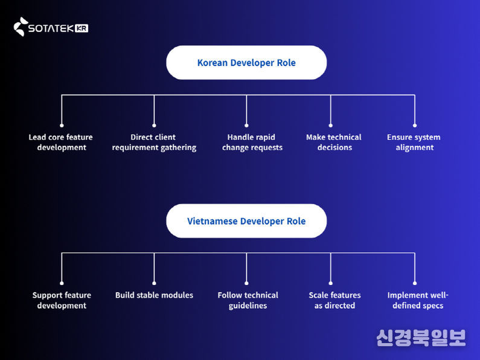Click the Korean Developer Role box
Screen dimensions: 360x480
246,63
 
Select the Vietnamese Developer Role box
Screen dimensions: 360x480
246,221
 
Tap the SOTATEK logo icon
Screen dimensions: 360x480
21,27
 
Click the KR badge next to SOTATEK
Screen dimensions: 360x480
82,28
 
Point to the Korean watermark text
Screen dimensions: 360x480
421,337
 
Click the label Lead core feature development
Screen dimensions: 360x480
61,143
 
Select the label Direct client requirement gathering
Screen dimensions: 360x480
154,143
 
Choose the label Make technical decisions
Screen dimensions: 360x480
334,143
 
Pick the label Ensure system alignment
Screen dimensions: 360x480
414,143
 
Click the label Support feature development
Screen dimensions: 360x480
62,300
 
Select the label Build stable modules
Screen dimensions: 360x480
154,295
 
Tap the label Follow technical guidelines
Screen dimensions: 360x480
248,300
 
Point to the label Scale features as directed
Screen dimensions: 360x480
334,300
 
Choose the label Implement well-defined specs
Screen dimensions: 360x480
417,300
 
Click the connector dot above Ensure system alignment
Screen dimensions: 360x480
415,124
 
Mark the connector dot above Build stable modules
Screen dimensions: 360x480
154,283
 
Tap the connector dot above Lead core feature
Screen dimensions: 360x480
62,124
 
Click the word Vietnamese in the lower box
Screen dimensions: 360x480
212,221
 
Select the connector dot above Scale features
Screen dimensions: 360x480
330,283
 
